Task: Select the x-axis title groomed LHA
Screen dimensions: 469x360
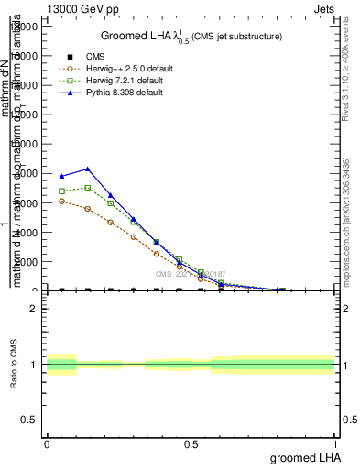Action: (x=303, y=456)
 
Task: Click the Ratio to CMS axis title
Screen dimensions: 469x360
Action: (x=15, y=365)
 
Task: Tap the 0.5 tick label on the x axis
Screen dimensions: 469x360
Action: (x=191, y=443)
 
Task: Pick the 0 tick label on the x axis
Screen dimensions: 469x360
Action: (x=47, y=443)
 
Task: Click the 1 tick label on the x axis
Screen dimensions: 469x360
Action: (x=335, y=443)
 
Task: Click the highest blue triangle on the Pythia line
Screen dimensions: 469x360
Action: (x=87, y=169)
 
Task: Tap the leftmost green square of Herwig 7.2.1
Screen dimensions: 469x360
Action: (x=61, y=191)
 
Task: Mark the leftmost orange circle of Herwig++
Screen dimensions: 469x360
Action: (x=61, y=201)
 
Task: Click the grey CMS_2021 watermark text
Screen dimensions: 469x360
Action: (x=191, y=273)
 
